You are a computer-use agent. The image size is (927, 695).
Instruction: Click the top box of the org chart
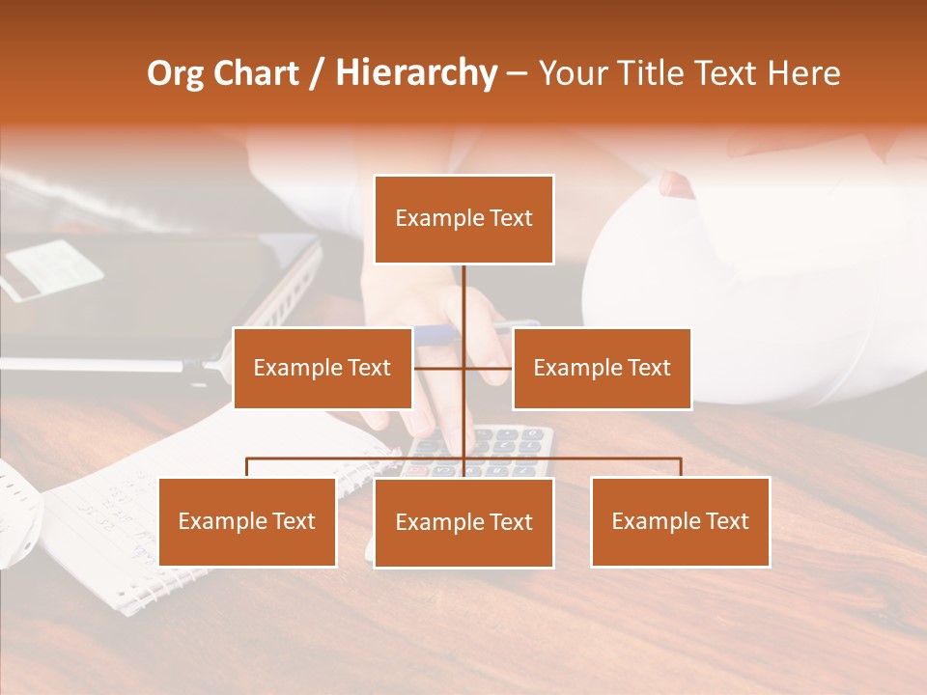click(463, 219)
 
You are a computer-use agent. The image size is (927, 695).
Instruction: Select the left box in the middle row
click(323, 368)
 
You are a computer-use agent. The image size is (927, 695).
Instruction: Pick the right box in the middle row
click(602, 368)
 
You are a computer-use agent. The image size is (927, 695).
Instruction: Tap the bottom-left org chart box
click(247, 521)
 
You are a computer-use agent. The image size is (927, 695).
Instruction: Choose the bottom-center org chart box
click(463, 522)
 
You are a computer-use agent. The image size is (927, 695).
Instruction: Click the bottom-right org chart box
click(680, 521)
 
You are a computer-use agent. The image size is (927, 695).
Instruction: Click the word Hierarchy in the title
click(416, 73)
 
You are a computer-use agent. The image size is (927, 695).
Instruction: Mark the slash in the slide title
click(317, 74)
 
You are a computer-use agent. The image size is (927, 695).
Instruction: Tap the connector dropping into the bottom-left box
click(247, 467)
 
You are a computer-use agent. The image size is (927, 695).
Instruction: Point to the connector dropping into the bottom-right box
click(680, 467)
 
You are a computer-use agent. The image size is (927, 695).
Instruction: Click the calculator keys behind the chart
click(512, 444)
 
